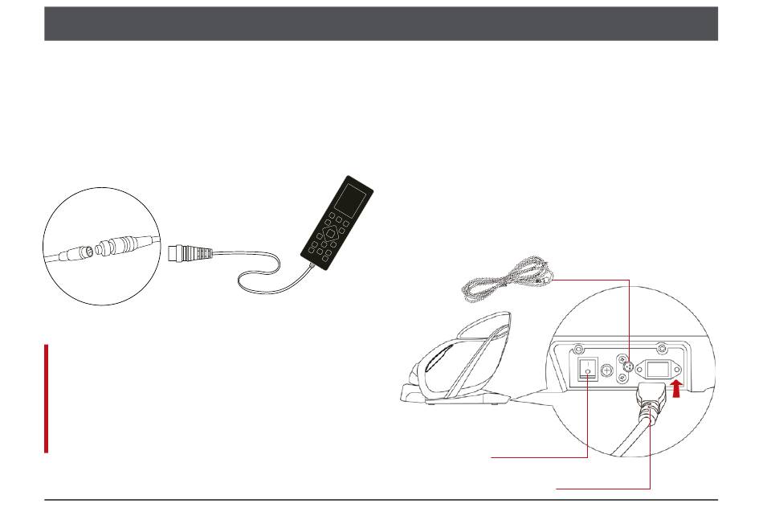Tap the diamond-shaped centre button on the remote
click(x=331, y=235)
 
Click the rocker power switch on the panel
click(x=588, y=370)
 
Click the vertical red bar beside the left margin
click(x=47, y=399)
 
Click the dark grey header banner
click(x=381, y=24)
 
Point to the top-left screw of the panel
click(x=577, y=350)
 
